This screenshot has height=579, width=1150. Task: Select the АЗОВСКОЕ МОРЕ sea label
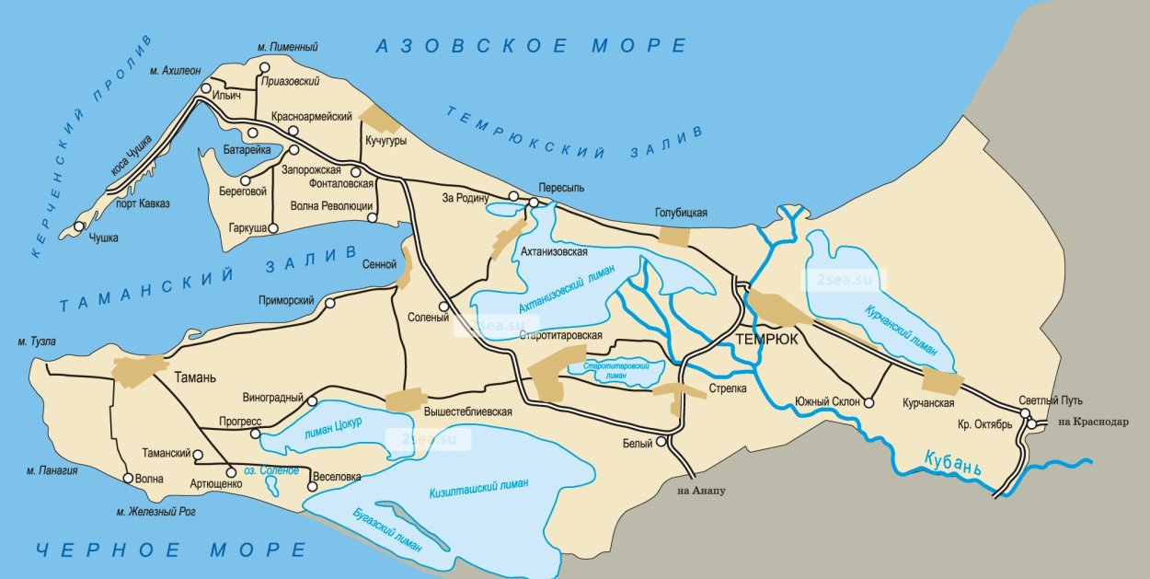click(531, 46)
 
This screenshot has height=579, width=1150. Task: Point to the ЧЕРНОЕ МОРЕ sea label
click(171, 550)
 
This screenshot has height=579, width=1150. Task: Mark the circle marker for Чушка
click(80, 226)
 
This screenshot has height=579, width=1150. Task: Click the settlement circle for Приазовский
click(265, 67)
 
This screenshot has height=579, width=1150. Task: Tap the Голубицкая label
click(681, 213)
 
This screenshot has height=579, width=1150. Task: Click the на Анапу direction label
click(702, 491)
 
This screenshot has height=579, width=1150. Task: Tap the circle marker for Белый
click(661, 443)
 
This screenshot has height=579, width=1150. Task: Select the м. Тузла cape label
click(36, 342)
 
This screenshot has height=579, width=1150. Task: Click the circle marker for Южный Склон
click(868, 402)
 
